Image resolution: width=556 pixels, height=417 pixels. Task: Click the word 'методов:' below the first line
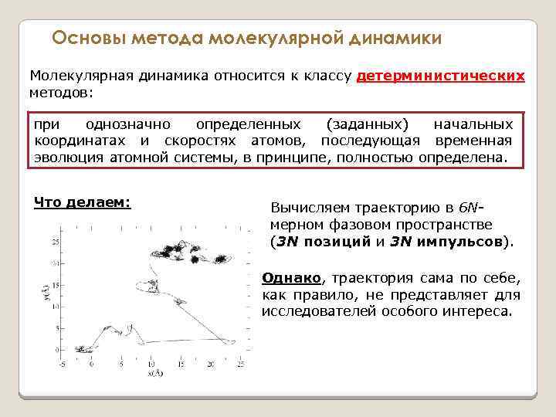(60, 93)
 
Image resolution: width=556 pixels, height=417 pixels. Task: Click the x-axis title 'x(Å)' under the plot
(154, 373)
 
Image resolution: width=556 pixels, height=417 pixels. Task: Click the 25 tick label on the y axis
(53, 242)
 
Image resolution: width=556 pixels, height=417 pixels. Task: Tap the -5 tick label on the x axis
(63, 363)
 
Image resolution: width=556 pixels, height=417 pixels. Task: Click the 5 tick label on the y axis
(56, 328)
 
